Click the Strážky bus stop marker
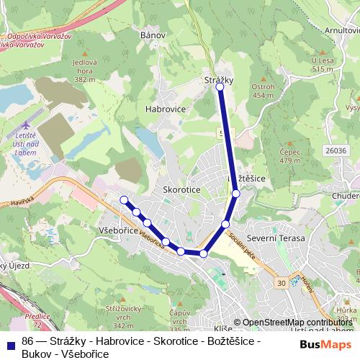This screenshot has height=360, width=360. (x=220, y=86)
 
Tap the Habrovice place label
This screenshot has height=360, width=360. (x=166, y=109)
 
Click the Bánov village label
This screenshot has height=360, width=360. (x=153, y=35)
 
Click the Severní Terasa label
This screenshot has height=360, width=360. (x=275, y=238)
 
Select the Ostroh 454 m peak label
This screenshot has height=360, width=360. (x=263, y=91)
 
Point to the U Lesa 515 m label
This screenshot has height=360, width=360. (x=322, y=65)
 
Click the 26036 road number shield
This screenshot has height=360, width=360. (x=336, y=150)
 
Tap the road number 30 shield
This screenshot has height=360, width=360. (x=280, y=283)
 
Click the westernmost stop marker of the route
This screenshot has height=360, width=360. (x=124, y=200)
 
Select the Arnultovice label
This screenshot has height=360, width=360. (x=341, y=30)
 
